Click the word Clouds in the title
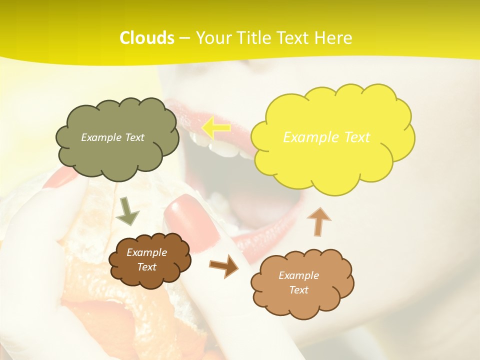pos(147,38)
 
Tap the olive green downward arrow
pos(128,211)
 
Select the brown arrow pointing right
pos(224,266)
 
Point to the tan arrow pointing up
pos(318,221)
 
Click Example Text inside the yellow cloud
pos(326,137)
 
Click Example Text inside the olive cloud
pos(112,137)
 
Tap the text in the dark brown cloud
pos(147,260)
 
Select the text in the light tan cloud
pos(298,282)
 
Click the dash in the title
pos(184,38)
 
